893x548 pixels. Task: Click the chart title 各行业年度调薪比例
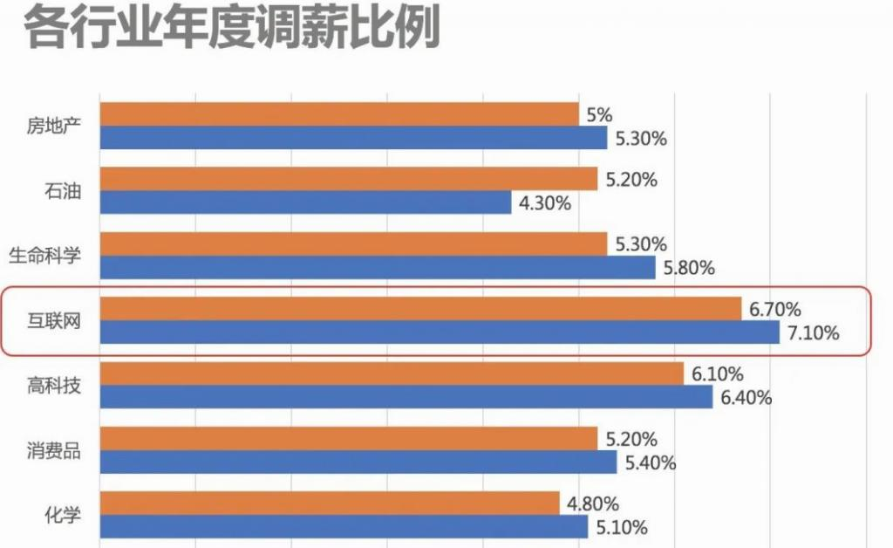(x=231, y=28)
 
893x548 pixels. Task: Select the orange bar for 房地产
(x=339, y=114)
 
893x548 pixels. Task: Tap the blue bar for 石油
(x=305, y=202)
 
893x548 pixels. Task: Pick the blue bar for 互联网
(x=440, y=332)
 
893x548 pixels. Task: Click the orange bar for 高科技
(x=392, y=374)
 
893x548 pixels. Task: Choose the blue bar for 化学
(x=344, y=527)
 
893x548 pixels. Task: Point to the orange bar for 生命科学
(x=353, y=244)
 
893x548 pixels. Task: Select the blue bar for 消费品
(x=358, y=462)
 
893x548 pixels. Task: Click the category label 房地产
(x=54, y=127)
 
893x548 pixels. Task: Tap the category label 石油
(x=63, y=191)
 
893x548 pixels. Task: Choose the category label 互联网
(x=54, y=320)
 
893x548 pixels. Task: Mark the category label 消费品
(x=54, y=450)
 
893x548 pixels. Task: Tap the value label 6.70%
(x=775, y=309)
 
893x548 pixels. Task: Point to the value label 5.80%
(x=689, y=268)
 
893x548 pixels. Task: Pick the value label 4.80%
(x=592, y=503)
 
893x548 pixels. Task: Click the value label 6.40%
(x=746, y=398)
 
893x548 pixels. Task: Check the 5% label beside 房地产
(x=600, y=114)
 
